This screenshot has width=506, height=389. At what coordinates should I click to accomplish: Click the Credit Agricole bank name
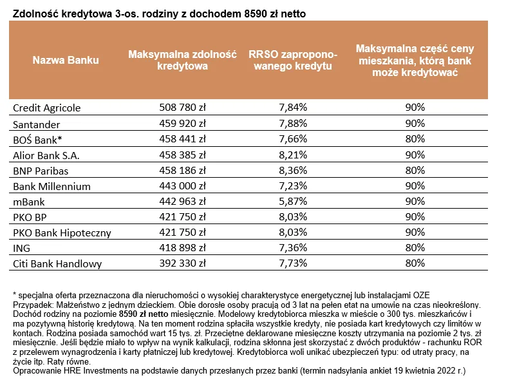[47, 108]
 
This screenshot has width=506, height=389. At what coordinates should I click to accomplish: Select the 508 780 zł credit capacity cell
[182, 108]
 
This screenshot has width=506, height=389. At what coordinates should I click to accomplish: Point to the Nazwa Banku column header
[66, 61]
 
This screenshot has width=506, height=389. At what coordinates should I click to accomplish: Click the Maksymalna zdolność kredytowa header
[183, 61]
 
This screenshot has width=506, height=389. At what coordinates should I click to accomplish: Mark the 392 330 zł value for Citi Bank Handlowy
[182, 263]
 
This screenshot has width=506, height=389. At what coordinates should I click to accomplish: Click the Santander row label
[37, 123]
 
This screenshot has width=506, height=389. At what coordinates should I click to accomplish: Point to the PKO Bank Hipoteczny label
[62, 232]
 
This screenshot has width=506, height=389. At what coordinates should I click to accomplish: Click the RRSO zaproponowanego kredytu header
[290, 61]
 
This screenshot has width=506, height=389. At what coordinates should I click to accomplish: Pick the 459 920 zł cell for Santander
[182, 123]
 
